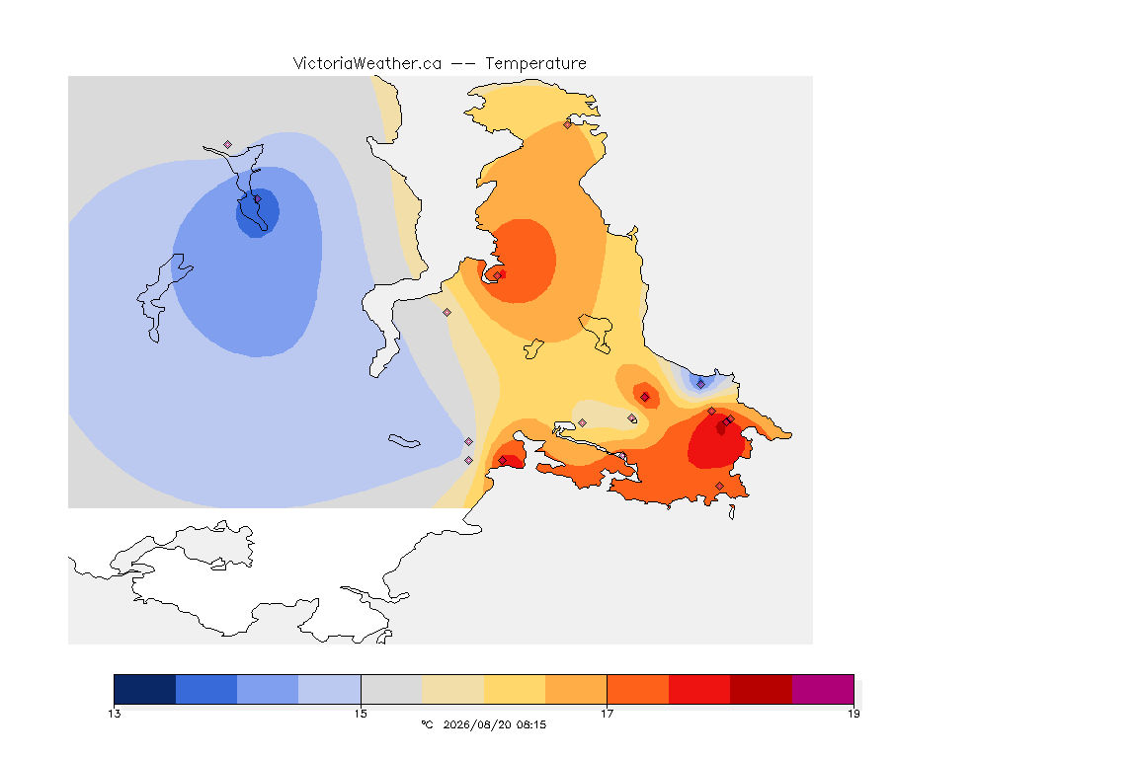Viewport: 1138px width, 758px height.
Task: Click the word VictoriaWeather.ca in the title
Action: pyautogui.click(x=367, y=64)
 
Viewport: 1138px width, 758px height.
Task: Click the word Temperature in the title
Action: pyautogui.click(x=535, y=64)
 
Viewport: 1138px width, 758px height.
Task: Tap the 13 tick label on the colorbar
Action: pyautogui.click(x=115, y=714)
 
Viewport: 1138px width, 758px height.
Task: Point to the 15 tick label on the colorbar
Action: pyautogui.click(x=361, y=714)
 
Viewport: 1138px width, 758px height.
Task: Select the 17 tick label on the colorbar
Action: pyautogui.click(x=607, y=714)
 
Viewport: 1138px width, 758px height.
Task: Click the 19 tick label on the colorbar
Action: pyautogui.click(x=853, y=714)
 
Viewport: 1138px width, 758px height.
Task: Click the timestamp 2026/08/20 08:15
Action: pyautogui.click(x=494, y=724)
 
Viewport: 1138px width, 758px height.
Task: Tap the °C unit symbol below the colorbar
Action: pyautogui.click(x=427, y=724)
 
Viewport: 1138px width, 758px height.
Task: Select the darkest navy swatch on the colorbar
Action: pyautogui.click(x=145, y=689)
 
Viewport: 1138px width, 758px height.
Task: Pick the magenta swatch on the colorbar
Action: pyautogui.click(x=823, y=689)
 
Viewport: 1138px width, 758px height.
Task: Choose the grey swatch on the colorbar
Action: pyautogui.click(x=391, y=689)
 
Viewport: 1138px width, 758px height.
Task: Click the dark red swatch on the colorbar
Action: pyautogui.click(x=762, y=689)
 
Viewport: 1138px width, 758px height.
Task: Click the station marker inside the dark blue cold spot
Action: pyautogui.click(x=257, y=198)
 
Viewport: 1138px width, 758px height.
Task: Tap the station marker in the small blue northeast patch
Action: pyautogui.click(x=700, y=384)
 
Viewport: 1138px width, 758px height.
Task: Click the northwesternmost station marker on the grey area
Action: pyautogui.click(x=228, y=145)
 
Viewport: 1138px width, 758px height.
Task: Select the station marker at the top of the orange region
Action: pyautogui.click(x=568, y=124)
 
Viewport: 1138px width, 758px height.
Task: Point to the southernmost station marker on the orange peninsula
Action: pyautogui.click(x=719, y=486)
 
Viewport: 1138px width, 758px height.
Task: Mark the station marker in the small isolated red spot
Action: pyautogui.click(x=644, y=397)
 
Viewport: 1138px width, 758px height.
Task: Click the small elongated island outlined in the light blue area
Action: pyautogui.click(x=404, y=441)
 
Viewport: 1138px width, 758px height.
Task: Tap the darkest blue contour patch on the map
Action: pyautogui.click(x=258, y=212)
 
